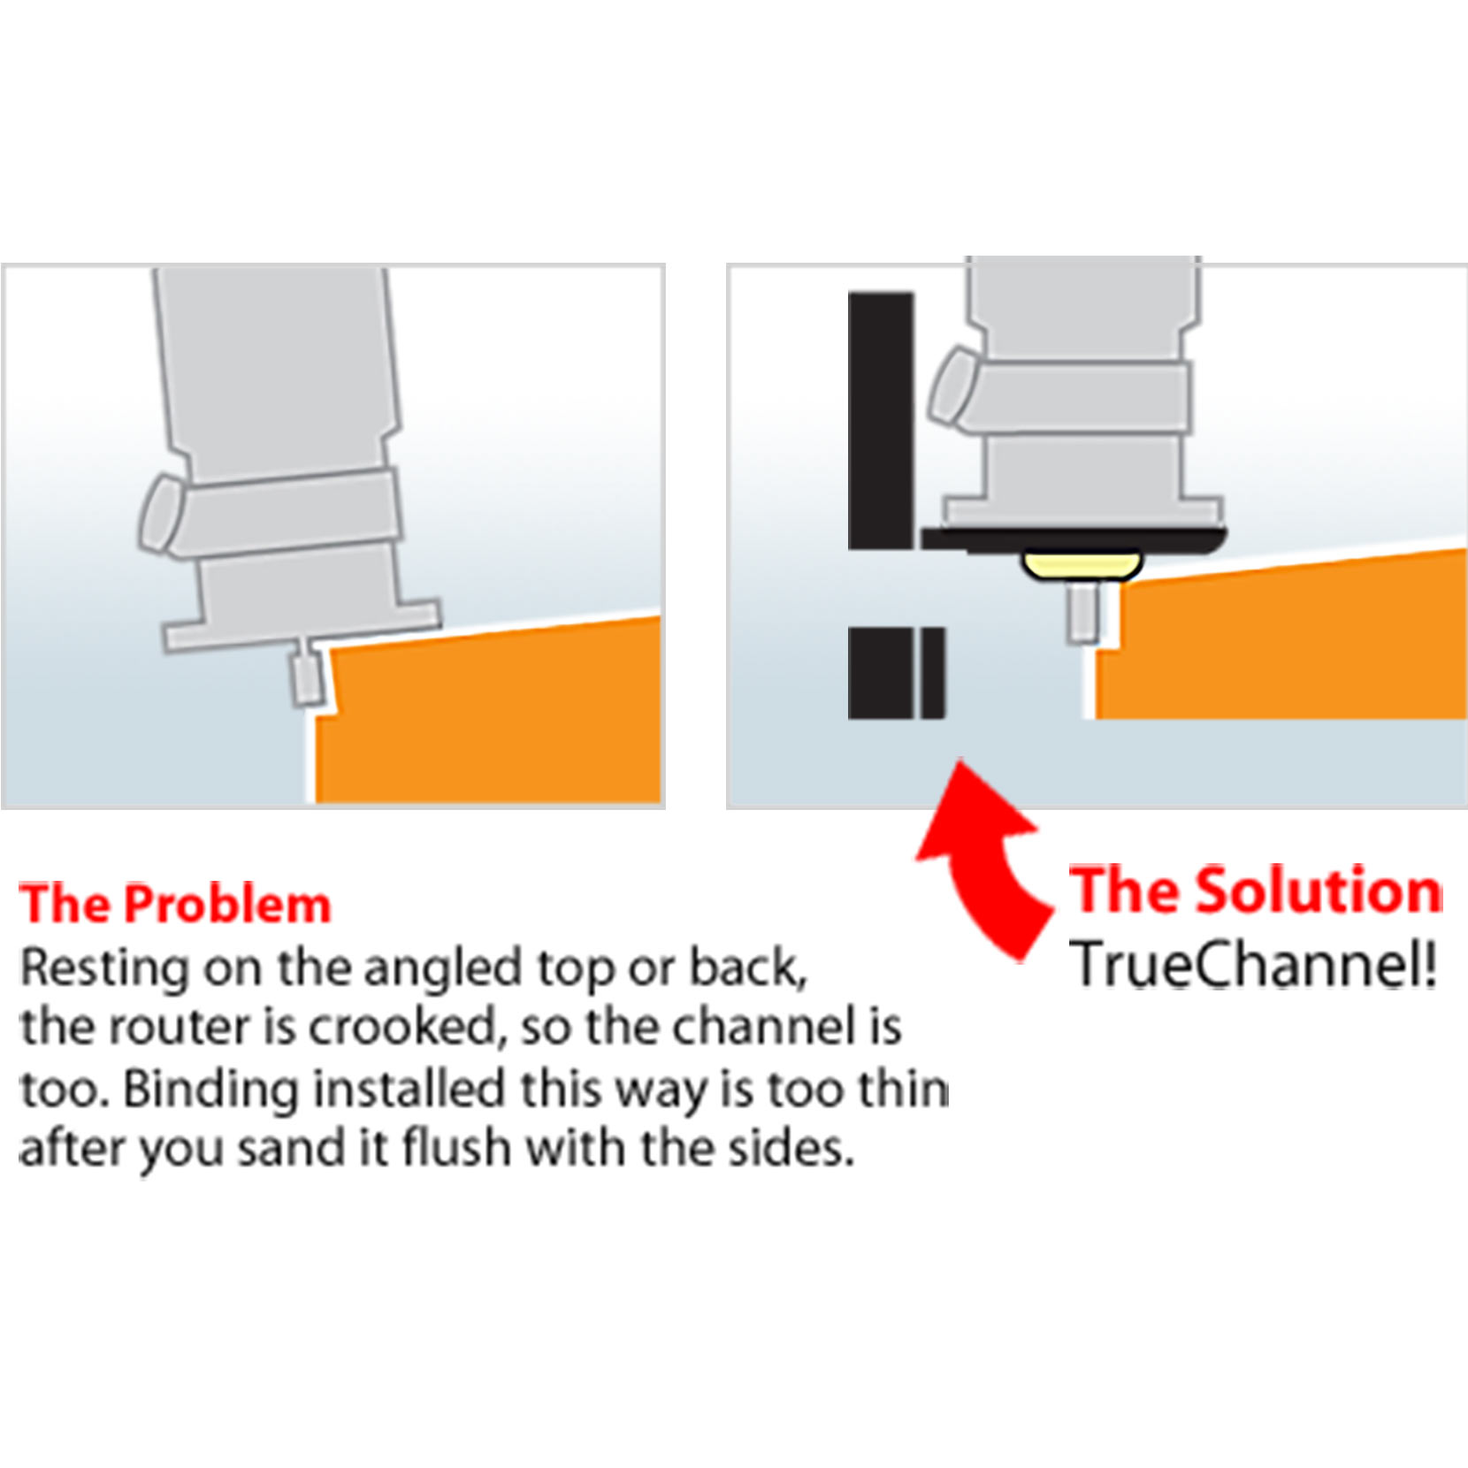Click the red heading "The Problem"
pyautogui.click(x=175, y=904)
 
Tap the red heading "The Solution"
pyautogui.click(x=1256, y=890)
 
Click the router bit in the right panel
pyautogui.click(x=1082, y=610)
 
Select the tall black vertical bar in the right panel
pyautogui.click(x=881, y=421)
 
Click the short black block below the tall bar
pyautogui.click(x=897, y=673)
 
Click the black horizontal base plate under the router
pyautogui.click(x=1074, y=539)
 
